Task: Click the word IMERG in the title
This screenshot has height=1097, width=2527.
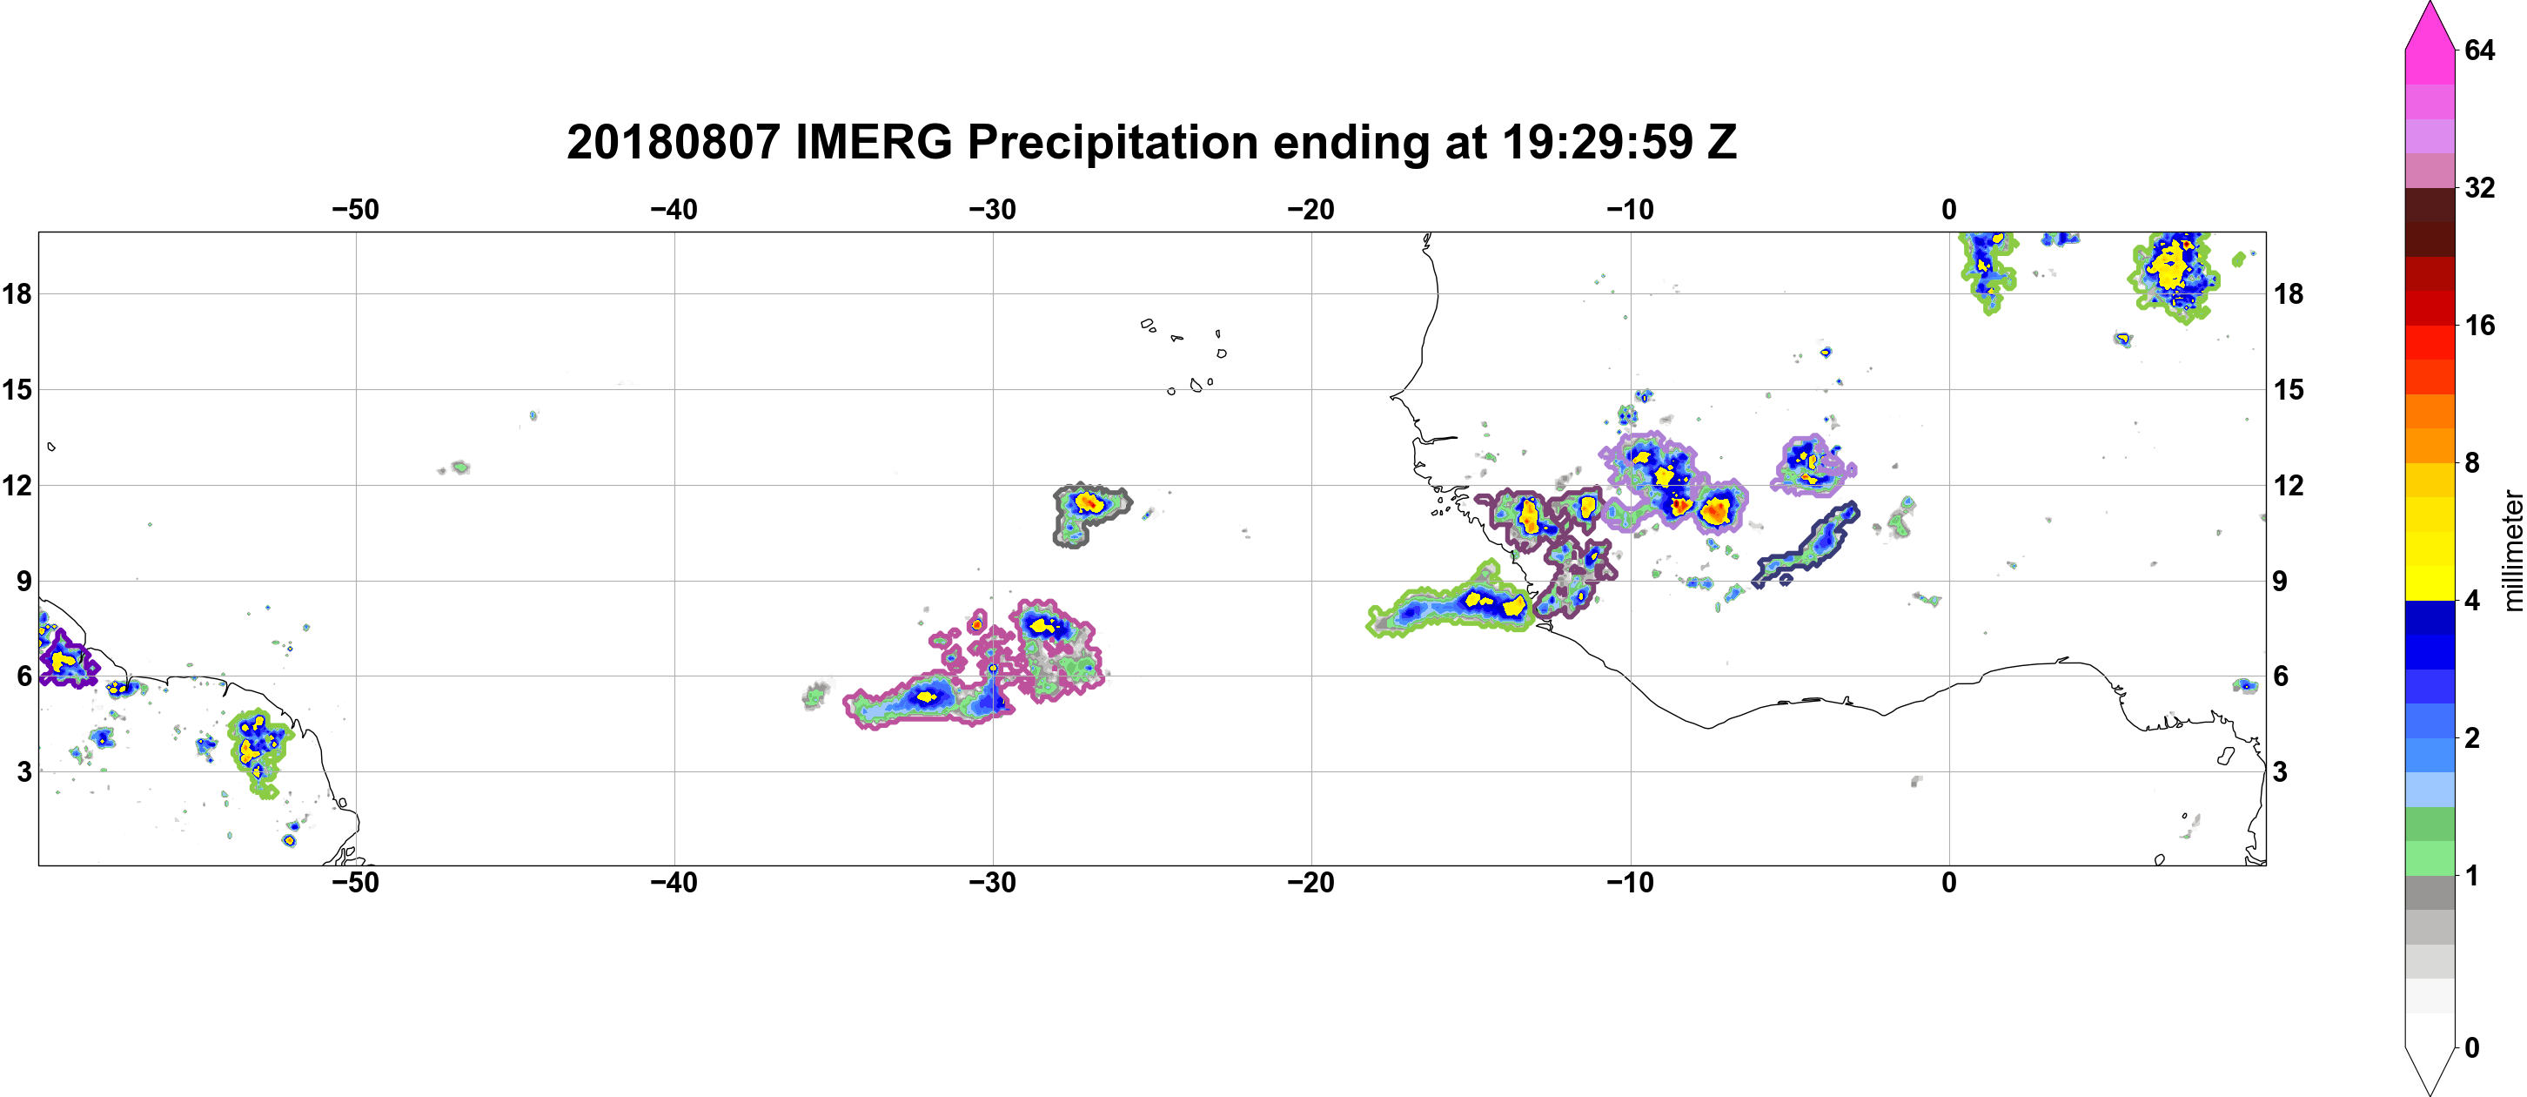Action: click(873, 142)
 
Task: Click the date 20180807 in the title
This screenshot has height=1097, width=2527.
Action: click(673, 142)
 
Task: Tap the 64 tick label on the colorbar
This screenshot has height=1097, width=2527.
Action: click(2480, 50)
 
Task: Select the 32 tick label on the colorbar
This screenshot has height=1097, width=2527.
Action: click(2480, 187)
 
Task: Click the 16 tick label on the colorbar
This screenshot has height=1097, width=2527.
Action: click(2480, 325)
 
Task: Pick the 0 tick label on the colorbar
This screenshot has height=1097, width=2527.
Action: click(2472, 1048)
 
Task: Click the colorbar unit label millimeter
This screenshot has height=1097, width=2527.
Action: click(2512, 550)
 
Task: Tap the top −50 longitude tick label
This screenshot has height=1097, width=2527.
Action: click(355, 210)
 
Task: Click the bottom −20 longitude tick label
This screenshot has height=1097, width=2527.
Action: click(1311, 883)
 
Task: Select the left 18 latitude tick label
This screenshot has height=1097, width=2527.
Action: click(17, 293)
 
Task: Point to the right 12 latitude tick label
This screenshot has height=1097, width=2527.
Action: click(2289, 485)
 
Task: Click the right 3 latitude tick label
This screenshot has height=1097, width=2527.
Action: click(2281, 772)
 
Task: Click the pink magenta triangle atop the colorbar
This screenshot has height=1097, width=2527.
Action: click(2429, 25)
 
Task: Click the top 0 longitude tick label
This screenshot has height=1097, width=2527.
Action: click(1949, 210)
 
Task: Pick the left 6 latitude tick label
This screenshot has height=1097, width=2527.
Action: click(23, 676)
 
